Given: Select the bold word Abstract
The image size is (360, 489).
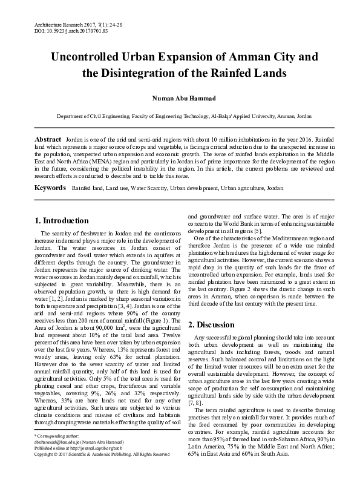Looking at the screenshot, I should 48,139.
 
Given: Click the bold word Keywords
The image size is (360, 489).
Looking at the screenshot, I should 50,188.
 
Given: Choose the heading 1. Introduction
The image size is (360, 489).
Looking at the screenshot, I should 62,220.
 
